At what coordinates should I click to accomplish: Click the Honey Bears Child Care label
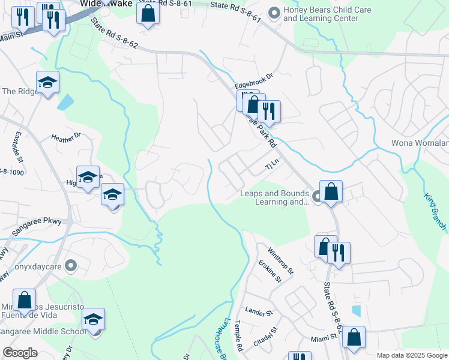coord(327,14)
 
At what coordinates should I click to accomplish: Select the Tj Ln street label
coord(273,163)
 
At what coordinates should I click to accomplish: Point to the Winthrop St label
coord(280,262)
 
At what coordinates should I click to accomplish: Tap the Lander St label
coord(259,313)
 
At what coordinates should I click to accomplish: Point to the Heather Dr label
coord(65,137)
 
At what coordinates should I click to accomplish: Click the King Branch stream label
coord(436,211)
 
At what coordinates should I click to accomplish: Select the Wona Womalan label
coord(420,143)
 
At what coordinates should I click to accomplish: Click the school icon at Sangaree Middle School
coord(93,320)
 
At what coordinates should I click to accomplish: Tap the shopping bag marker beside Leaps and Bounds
coord(331,192)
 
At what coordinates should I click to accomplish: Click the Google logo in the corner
coord(20,353)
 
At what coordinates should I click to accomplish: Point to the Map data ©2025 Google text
coord(411,355)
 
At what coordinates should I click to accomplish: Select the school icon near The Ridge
coord(48,83)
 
